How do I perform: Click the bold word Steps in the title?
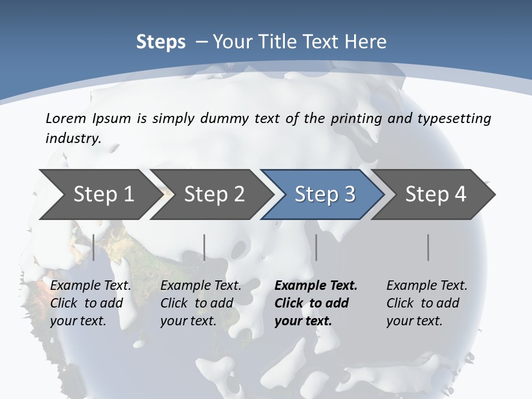point(161,42)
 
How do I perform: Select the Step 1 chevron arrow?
point(100,195)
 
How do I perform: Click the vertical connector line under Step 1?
point(94,247)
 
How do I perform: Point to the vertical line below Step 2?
point(204,247)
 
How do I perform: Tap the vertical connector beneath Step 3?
point(316,247)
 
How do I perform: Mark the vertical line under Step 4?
point(428,247)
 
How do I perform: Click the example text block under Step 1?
point(90,303)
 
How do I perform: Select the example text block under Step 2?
point(201,303)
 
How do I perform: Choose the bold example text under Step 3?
point(316,303)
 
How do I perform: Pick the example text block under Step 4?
point(427,303)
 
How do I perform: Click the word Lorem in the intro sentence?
point(66,119)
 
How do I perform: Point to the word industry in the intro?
point(73,139)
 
